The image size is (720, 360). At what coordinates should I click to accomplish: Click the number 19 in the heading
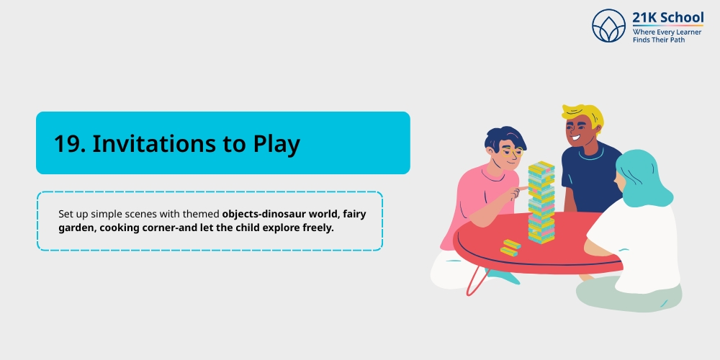click(x=70, y=144)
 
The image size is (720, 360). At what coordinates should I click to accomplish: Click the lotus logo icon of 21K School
click(x=610, y=26)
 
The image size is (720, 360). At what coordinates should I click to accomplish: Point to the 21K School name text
click(x=667, y=17)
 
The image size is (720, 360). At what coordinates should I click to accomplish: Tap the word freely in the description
click(x=318, y=228)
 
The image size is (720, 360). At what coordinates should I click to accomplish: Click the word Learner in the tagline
click(x=688, y=32)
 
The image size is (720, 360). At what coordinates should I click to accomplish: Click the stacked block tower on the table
click(x=541, y=202)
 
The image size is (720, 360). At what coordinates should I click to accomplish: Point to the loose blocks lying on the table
click(x=510, y=248)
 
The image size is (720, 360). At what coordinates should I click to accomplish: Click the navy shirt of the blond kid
click(x=590, y=180)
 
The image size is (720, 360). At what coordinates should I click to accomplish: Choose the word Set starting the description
click(x=66, y=214)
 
